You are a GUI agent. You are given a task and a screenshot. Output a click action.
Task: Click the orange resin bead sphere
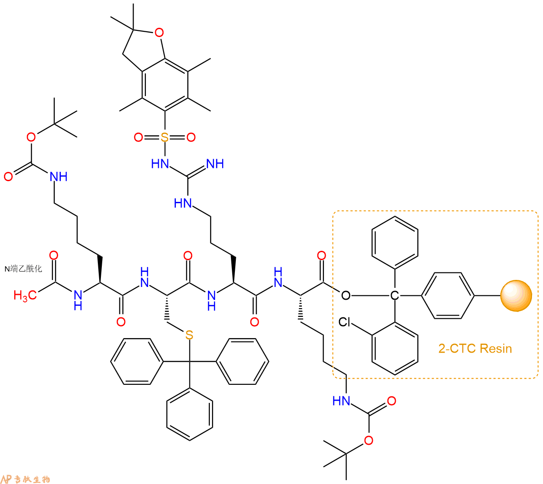tap(516, 295)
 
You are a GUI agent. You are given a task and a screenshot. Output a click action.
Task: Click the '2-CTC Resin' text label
tap(475, 348)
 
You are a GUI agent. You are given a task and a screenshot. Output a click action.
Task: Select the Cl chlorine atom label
tap(344, 322)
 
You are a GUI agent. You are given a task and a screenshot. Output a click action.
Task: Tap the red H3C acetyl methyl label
tap(25, 295)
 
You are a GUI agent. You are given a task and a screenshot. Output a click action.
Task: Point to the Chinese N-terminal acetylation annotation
tap(23, 269)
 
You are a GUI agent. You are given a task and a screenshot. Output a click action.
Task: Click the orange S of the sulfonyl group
tap(164, 137)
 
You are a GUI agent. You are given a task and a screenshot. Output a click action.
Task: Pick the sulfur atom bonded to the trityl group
tap(189, 335)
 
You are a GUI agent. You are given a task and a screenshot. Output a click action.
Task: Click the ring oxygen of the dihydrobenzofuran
tap(159, 33)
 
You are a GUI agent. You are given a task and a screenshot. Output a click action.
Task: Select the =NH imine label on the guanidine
tap(215, 164)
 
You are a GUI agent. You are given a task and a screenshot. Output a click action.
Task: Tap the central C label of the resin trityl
tap(394, 295)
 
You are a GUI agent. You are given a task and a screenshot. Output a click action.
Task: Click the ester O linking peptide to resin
tap(346, 295)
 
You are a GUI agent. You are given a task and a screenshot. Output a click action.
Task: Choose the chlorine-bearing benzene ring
tap(395, 348)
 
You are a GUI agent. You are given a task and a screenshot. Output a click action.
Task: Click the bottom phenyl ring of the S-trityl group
tap(190, 414)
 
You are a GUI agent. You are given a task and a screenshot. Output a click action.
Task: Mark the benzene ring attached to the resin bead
tap(448, 295)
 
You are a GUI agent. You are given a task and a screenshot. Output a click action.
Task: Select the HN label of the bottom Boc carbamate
tap(341, 401)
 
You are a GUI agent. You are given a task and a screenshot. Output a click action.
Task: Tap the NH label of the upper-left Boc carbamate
tap(59, 177)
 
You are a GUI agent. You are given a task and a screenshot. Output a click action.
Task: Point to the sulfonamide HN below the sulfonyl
tap(160, 164)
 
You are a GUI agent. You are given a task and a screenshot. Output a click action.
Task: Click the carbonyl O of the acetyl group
tap(54, 255)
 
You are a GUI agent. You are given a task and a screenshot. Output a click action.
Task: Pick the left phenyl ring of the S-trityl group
tap(137, 361)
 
